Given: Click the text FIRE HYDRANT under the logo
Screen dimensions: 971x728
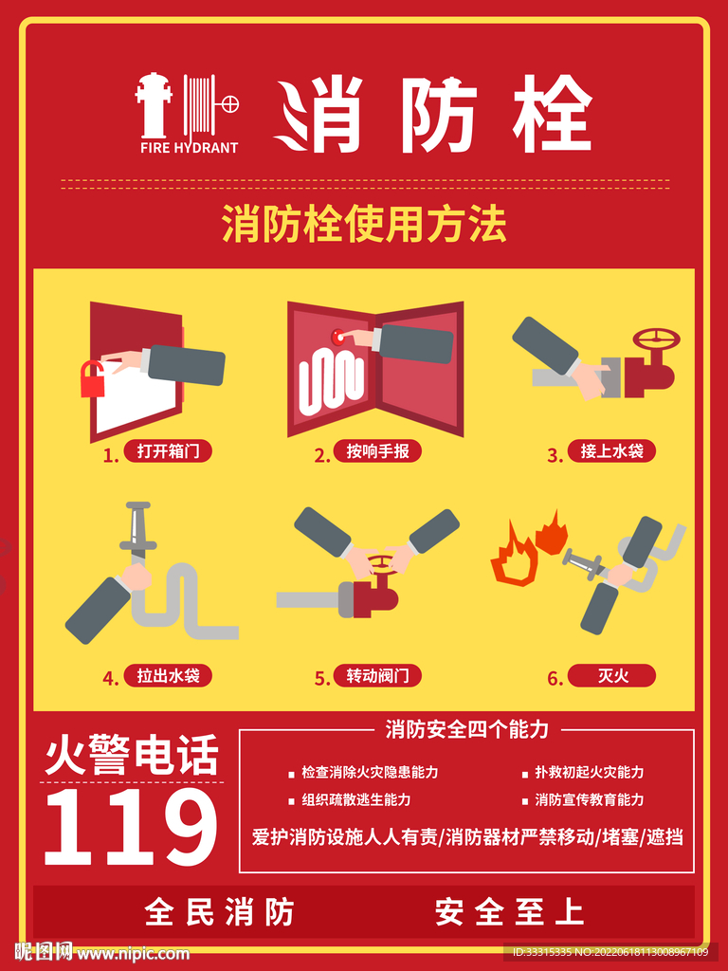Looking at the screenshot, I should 189,148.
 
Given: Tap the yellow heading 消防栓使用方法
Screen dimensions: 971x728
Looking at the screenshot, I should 364,226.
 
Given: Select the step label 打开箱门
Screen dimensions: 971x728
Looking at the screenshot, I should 168,451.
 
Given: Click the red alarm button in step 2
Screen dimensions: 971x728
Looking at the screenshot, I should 339,336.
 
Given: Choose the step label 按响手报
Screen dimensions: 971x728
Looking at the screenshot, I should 377,451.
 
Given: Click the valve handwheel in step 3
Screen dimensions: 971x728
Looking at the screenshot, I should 657,338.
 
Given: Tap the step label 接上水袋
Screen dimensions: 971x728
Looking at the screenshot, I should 611,451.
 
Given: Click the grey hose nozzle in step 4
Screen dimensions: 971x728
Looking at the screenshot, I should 138,531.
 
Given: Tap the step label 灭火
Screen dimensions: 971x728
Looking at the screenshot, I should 611,676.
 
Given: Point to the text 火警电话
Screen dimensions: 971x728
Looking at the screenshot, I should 132,756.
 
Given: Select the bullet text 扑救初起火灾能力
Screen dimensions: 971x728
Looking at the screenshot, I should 589,773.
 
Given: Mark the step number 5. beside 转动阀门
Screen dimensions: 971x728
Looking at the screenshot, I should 322,678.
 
